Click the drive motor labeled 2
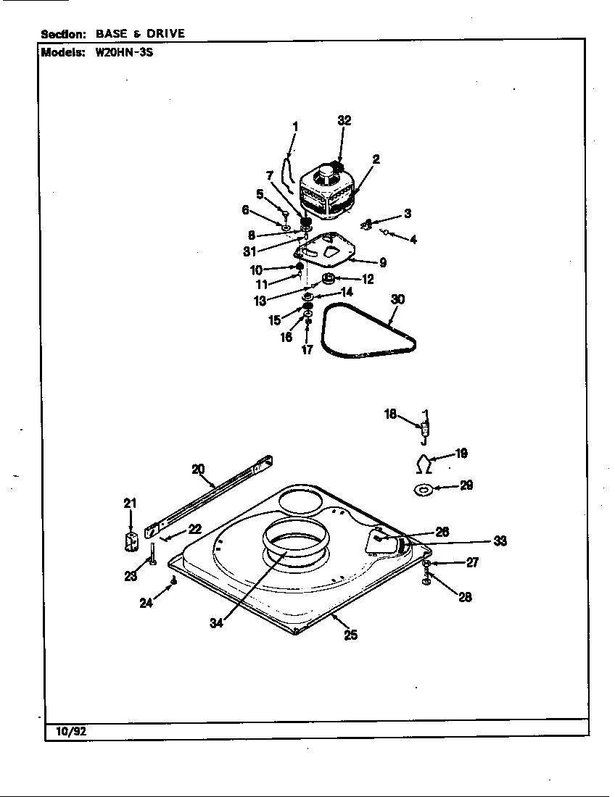(x=326, y=191)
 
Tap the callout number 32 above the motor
(x=344, y=120)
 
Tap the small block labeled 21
(x=131, y=542)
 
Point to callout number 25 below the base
(x=351, y=635)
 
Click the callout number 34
(x=217, y=623)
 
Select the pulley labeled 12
(x=328, y=279)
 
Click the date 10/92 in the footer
(x=71, y=731)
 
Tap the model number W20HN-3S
(x=124, y=52)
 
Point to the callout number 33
(x=500, y=541)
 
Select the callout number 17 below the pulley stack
(x=307, y=350)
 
